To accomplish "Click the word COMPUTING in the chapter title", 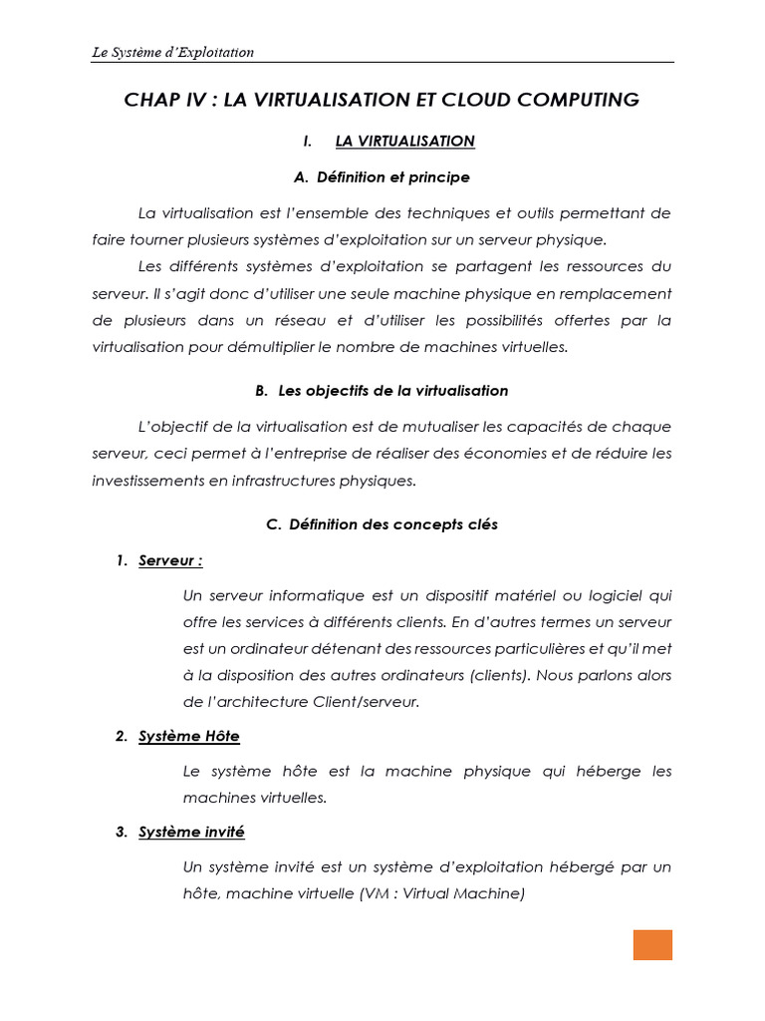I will tap(570, 100).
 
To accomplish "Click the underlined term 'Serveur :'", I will tap(170, 560).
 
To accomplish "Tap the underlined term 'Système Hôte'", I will tap(189, 736).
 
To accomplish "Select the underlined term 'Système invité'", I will tap(191, 832).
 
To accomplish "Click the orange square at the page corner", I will tap(652, 945).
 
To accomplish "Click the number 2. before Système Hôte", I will tap(121, 736).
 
